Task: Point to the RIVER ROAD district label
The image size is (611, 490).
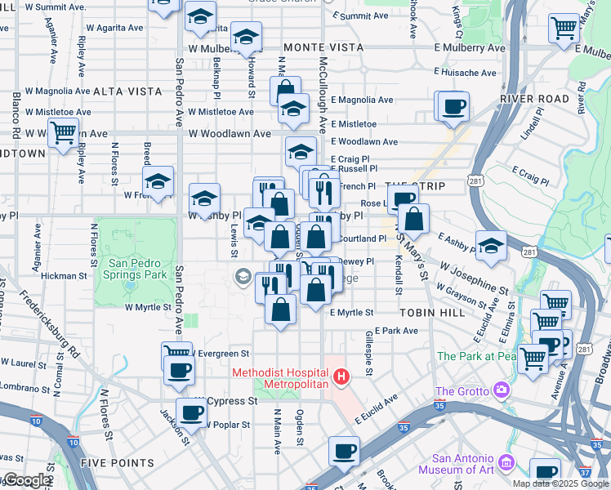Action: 534,99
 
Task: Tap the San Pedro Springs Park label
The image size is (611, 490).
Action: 138,269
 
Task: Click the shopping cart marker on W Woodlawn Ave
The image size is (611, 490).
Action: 63,131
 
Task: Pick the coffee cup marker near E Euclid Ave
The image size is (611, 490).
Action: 344,450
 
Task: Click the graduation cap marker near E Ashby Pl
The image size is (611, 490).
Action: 491,244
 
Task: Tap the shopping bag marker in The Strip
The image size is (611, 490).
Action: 415,218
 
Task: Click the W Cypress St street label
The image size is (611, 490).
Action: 232,402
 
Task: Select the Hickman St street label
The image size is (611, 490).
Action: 64,276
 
